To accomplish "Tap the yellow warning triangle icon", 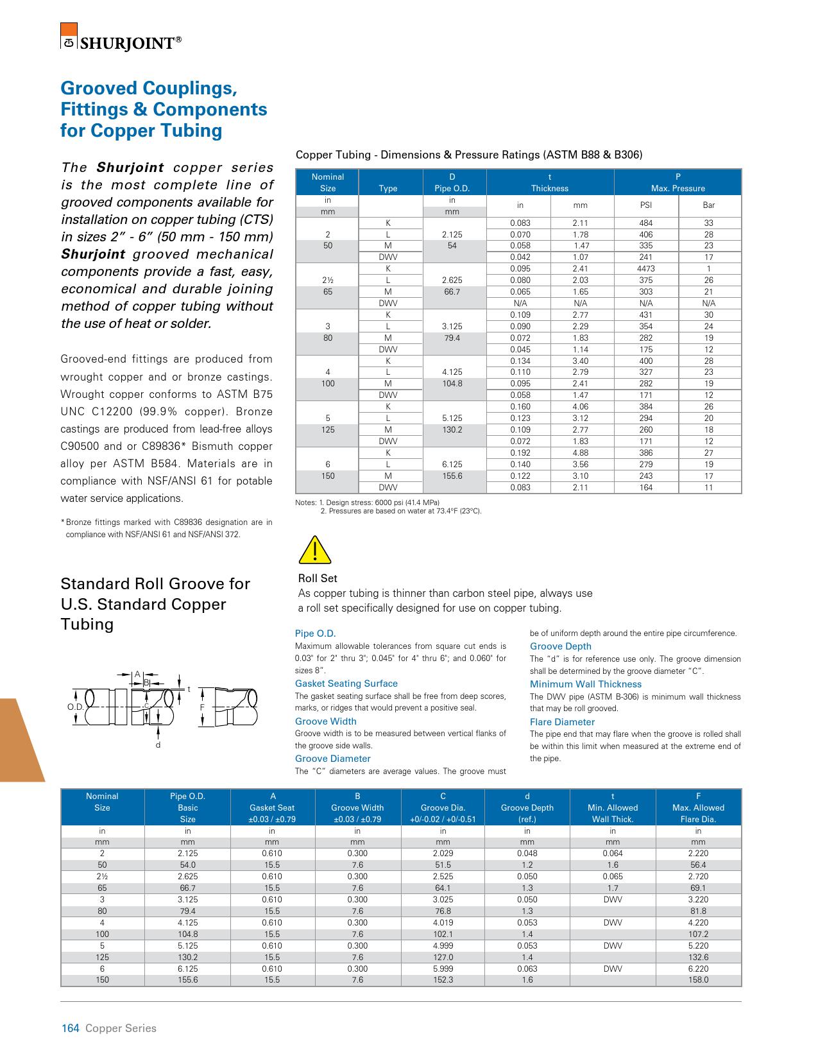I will click(x=314, y=550).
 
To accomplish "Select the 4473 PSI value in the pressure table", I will click(x=645, y=269).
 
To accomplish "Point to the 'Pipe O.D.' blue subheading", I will click(x=315, y=633).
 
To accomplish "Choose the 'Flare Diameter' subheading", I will click(x=562, y=722).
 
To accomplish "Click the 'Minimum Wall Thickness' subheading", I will click(x=585, y=684).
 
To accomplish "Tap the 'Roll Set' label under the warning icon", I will click(x=318, y=578).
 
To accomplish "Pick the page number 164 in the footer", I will click(x=70, y=1028).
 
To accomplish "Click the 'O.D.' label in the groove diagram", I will click(x=75, y=707).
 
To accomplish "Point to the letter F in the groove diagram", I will click(x=202, y=707).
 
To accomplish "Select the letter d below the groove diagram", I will click(x=158, y=745).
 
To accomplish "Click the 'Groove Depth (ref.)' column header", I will click(x=527, y=807).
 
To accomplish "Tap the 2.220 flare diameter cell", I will click(x=698, y=854).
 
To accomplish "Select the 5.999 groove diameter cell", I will click(x=443, y=969).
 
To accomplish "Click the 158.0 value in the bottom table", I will click(x=698, y=980).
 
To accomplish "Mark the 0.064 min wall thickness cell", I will click(x=613, y=854).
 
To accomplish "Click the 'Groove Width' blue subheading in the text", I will click(x=325, y=721).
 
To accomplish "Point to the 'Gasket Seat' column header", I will click(x=272, y=807).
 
